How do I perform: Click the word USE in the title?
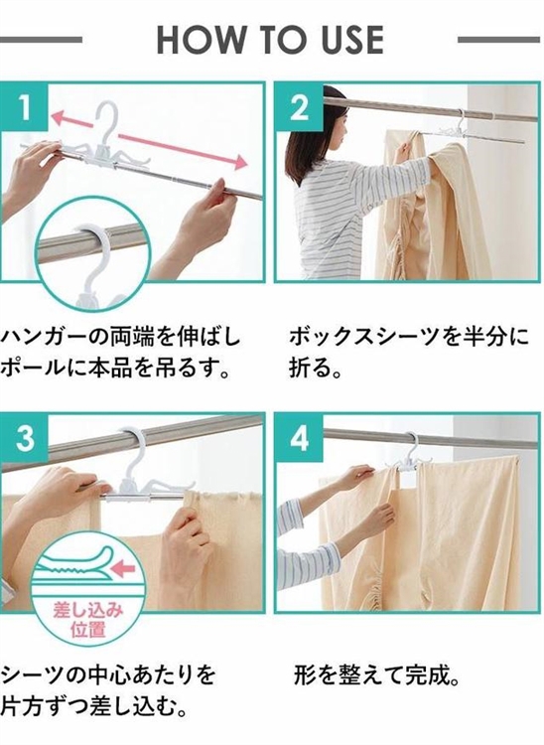352,40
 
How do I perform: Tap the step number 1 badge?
24,106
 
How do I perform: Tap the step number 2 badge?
299,107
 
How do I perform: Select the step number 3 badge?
24,438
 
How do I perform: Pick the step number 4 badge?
299,438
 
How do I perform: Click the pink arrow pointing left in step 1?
71,119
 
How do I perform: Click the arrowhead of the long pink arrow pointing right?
241,162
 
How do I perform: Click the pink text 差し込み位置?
87,620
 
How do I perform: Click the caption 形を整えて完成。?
377,675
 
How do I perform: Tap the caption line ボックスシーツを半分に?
409,337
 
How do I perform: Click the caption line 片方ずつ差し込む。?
92,707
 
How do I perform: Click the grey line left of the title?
41,40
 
